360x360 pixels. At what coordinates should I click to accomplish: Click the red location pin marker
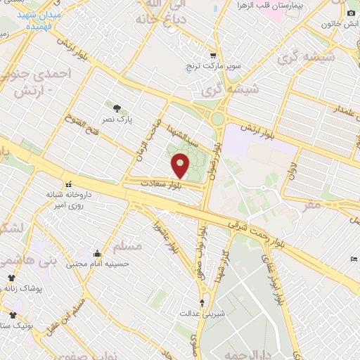pos(180,166)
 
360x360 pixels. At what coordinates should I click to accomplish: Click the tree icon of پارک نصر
pos(117,108)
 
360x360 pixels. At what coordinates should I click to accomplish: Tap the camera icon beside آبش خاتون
pos(351,13)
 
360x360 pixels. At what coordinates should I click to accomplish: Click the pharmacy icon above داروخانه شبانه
pos(67,184)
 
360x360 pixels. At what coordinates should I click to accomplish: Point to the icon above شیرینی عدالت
pos(202,303)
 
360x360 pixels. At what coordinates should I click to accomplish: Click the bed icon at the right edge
pos(354,259)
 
